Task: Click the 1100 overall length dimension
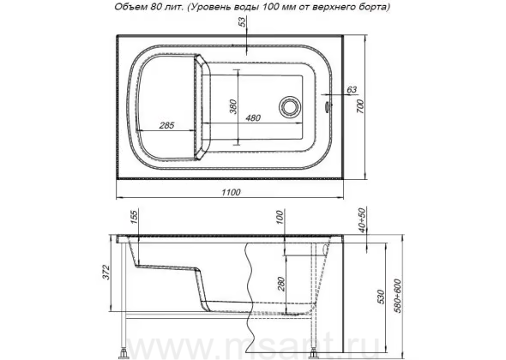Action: tap(231, 192)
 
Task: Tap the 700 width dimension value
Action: tap(360, 106)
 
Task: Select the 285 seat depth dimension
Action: tap(166, 125)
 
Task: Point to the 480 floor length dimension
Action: tap(253, 118)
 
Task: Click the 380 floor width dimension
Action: tap(233, 107)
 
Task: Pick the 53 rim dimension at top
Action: tap(242, 21)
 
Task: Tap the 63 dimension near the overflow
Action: tap(351, 89)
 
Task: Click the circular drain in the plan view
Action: tap(290, 107)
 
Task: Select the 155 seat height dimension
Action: tap(134, 216)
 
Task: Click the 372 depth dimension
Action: tap(106, 273)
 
